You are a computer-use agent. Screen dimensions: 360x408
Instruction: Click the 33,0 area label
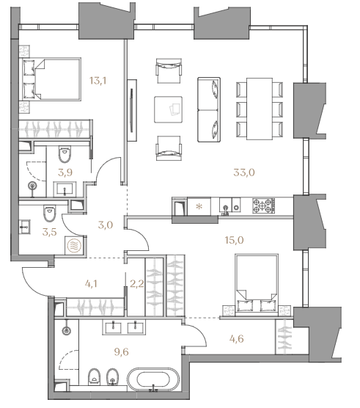point(244,172)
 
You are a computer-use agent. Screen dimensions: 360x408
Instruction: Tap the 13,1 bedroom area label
point(98,81)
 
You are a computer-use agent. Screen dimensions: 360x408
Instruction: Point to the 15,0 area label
point(234,240)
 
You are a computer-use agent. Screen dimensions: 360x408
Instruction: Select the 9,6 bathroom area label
point(122,351)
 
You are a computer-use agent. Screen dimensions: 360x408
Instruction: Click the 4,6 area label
point(237,338)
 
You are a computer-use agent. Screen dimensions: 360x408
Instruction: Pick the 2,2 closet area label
point(136,284)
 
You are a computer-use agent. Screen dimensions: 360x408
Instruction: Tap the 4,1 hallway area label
point(91,284)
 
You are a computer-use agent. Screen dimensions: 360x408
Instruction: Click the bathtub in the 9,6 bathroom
point(153,379)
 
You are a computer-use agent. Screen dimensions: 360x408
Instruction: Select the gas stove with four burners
point(263,205)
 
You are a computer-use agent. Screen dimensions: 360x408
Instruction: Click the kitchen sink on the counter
point(226,207)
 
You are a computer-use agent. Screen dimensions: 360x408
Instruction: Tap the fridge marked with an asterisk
point(199,207)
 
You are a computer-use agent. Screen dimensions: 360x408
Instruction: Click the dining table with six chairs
point(260,109)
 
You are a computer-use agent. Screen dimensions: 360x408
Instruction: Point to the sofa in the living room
point(209,109)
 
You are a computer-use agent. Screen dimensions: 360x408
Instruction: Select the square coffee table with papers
point(168,109)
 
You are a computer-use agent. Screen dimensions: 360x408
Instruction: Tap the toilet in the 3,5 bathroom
point(49,214)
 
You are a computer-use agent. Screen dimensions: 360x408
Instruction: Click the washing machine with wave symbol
point(74,245)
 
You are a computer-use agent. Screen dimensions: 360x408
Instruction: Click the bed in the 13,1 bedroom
point(51,79)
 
